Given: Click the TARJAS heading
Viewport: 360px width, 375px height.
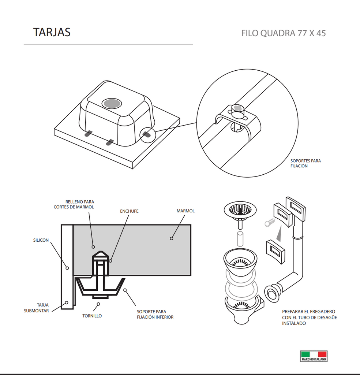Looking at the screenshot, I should click(52, 32).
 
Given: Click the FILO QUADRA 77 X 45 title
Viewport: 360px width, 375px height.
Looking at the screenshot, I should click(283, 33).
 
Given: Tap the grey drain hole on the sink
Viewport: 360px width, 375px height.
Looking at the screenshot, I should click(112, 103).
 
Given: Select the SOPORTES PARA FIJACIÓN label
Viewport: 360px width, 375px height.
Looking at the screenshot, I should click(305, 163).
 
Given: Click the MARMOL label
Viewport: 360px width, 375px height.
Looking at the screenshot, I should click(185, 211).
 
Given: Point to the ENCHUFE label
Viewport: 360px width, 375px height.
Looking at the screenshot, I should click(129, 211).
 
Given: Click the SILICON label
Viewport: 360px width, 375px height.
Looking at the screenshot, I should click(41, 240).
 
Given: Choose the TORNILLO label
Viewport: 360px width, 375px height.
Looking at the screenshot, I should click(92, 316).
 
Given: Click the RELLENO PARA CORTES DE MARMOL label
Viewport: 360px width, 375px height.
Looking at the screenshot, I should click(74, 204).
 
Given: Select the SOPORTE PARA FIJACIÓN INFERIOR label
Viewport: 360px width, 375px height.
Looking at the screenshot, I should click(155, 314).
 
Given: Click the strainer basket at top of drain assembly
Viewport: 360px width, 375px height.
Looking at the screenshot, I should click(240, 209).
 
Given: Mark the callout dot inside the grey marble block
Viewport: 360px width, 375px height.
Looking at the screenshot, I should click(171, 238).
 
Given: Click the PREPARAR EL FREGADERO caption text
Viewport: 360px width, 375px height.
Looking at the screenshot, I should click(309, 317).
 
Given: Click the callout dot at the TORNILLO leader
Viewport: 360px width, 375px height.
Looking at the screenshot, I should click(98, 304).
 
